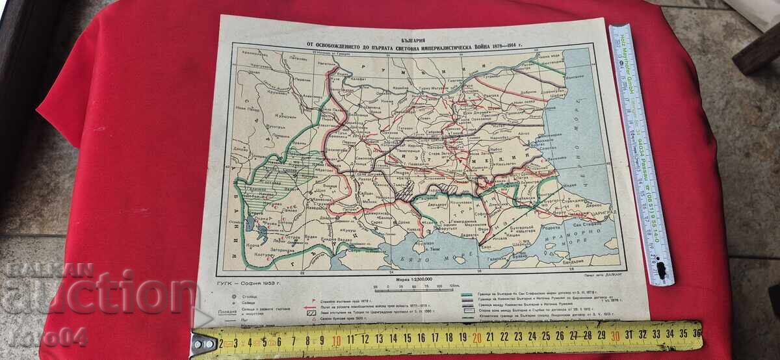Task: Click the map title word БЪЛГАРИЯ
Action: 417,31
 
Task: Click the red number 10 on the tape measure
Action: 337,339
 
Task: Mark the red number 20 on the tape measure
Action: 476,337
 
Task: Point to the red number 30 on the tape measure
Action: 615,335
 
